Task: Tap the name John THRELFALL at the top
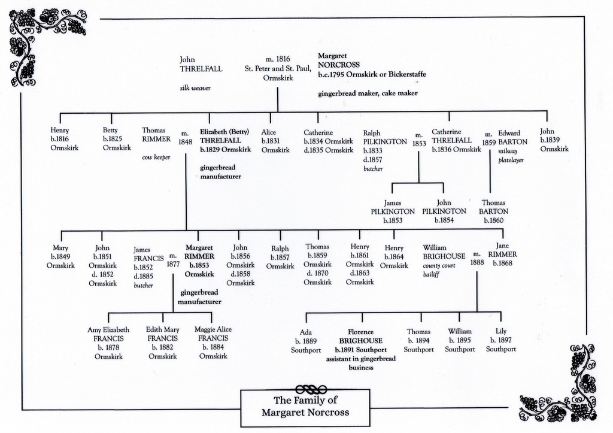click(x=201, y=64)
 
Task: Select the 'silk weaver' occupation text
click(x=195, y=88)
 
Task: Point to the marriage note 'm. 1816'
click(x=278, y=59)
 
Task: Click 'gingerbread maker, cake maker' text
click(x=368, y=93)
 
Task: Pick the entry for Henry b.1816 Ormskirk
click(x=60, y=139)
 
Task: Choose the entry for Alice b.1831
click(x=275, y=141)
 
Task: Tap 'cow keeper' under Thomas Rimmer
click(x=156, y=158)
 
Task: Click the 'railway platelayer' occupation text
click(x=511, y=156)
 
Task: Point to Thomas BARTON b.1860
click(x=493, y=211)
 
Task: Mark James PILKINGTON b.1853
click(x=392, y=211)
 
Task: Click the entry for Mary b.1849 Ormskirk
click(x=60, y=256)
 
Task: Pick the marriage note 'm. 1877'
click(x=172, y=259)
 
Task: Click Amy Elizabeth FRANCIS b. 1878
click(x=108, y=343)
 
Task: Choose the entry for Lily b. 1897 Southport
click(x=500, y=340)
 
